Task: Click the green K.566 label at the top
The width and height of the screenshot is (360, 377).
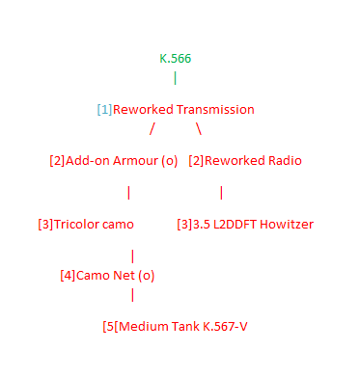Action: click(x=175, y=59)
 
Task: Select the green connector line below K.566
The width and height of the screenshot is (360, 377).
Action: click(x=175, y=78)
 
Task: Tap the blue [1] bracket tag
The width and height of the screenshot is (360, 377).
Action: click(x=104, y=110)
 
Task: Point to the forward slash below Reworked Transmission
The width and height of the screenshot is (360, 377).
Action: click(x=152, y=128)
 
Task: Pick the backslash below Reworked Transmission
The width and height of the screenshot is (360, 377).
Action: click(x=199, y=128)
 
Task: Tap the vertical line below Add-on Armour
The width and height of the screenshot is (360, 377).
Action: click(x=128, y=193)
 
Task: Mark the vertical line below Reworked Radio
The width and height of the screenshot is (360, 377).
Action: click(x=221, y=193)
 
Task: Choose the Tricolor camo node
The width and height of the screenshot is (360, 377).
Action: click(x=84, y=225)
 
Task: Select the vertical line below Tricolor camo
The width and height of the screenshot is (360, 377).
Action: click(x=132, y=256)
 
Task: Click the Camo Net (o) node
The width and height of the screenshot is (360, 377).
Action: click(x=108, y=276)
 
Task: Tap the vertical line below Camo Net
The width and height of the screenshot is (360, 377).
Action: click(x=132, y=295)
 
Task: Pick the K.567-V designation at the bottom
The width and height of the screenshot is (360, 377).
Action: click(x=221, y=327)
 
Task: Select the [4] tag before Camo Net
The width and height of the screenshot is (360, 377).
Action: click(x=68, y=276)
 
